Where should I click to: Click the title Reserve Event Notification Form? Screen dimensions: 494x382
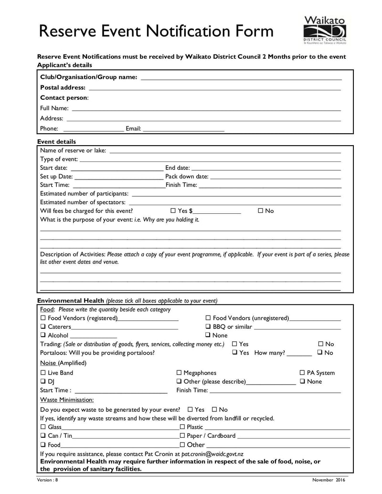[x=156, y=32]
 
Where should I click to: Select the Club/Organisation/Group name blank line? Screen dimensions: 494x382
[x=241, y=77]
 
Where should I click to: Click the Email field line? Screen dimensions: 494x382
[x=183, y=129]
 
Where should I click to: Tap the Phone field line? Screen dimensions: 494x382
[x=93, y=129]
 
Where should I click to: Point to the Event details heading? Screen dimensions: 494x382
[x=56, y=142]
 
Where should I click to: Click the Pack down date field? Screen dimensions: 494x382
[x=276, y=177]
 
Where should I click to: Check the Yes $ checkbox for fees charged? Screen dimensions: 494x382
[x=173, y=211]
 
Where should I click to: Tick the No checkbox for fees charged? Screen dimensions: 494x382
[x=260, y=211]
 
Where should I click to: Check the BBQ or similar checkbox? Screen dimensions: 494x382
[x=208, y=327]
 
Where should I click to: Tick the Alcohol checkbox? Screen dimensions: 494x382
[x=43, y=336]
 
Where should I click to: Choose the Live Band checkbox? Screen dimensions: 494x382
[x=43, y=373]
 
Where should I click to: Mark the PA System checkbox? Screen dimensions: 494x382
[x=302, y=373]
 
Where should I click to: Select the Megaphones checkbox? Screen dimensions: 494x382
[x=179, y=373]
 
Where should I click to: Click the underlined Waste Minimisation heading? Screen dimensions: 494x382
[x=67, y=399]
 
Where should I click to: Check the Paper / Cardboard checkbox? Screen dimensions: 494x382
[x=182, y=436]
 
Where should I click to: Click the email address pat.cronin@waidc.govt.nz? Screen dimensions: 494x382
[x=209, y=454]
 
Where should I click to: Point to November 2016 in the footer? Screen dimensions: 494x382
[x=329, y=480]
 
